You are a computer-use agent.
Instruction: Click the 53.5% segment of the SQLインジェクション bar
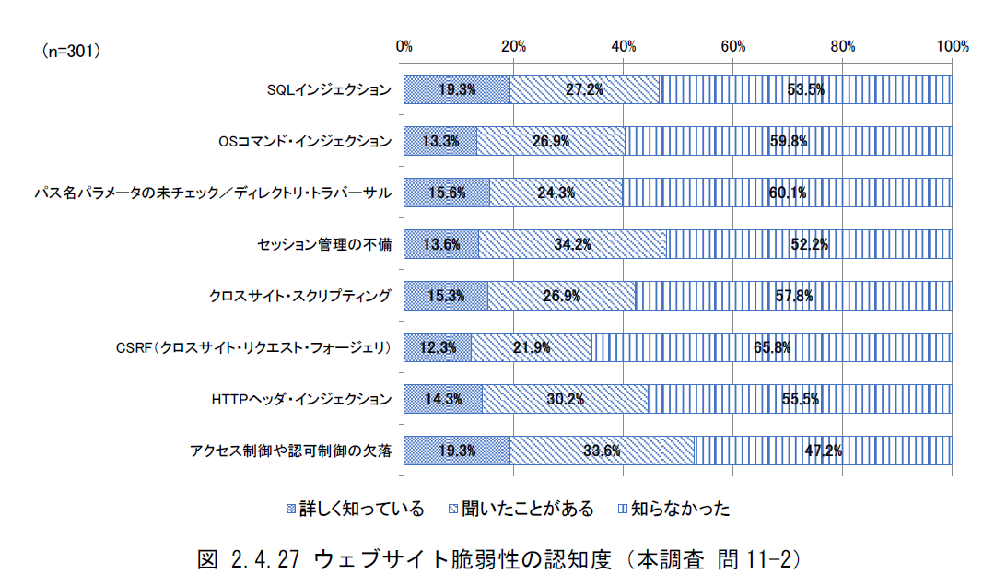click(x=805, y=89)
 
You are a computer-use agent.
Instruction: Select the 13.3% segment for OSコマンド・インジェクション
click(x=440, y=141)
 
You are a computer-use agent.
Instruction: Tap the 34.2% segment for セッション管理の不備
click(x=572, y=244)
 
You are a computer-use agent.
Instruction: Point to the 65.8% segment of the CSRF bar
click(x=771, y=347)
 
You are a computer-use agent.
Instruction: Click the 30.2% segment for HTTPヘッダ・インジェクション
click(x=565, y=399)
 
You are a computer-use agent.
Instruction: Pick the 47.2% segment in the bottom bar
click(x=823, y=451)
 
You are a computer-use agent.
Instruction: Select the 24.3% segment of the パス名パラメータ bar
click(x=556, y=193)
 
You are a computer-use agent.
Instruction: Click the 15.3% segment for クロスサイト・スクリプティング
click(x=446, y=296)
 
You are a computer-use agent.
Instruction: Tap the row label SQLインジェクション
click(x=329, y=90)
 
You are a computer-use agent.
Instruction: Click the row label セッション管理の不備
click(x=324, y=245)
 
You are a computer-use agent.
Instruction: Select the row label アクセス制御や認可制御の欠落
click(x=291, y=451)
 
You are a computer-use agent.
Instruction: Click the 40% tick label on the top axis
click(x=623, y=46)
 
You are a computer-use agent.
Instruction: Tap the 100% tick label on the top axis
click(x=952, y=46)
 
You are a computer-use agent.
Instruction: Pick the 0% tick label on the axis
click(x=404, y=46)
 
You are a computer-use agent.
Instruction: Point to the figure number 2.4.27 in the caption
click(x=266, y=558)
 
